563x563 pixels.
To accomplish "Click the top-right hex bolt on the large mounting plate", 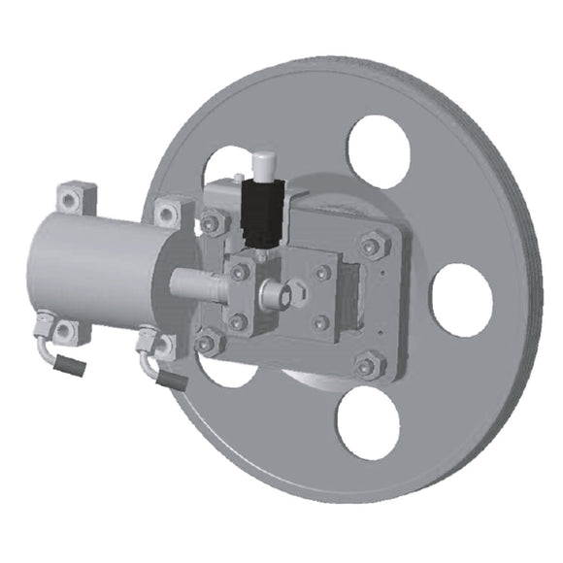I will click(372, 244).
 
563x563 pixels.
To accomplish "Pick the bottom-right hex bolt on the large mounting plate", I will click(366, 366).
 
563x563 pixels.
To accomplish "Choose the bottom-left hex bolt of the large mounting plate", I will click(207, 341).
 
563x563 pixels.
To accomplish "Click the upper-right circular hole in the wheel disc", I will click(379, 151).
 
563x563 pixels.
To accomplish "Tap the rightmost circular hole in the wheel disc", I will click(461, 300).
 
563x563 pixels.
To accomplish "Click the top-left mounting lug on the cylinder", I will click(72, 200).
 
